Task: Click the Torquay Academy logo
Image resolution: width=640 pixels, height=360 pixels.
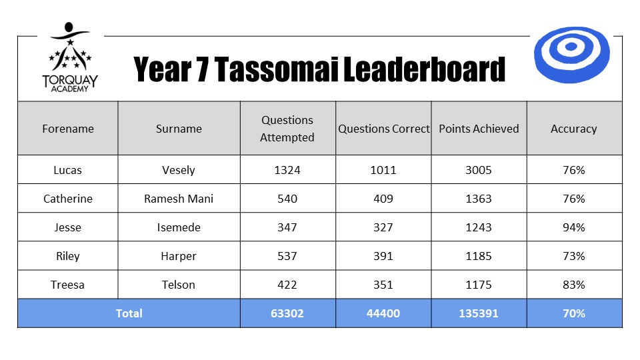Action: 70,57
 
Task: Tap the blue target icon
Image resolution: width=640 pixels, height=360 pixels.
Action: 571,55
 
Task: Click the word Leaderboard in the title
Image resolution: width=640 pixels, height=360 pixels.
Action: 424,69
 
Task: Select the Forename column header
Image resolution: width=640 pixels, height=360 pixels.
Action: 68,129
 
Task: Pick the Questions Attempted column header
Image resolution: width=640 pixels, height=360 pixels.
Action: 287,129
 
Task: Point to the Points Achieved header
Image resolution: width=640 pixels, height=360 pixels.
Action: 479,129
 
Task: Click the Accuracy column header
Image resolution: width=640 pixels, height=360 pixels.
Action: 573,129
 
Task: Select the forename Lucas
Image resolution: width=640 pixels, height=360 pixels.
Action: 68,170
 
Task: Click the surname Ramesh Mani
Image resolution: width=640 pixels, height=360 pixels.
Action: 179,199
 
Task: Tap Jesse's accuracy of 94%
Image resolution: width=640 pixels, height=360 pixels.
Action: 573,227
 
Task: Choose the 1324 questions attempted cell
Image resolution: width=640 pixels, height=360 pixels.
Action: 287,170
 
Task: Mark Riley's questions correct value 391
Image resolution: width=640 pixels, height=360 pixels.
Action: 383,256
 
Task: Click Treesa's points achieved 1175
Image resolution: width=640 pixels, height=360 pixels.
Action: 479,285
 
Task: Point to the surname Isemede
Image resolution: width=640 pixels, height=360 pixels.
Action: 179,227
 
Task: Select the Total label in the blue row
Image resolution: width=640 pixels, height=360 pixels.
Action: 129,313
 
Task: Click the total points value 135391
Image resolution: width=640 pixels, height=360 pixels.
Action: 479,313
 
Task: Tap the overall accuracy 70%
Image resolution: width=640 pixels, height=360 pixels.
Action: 573,313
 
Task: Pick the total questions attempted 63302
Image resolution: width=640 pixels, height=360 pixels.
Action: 287,313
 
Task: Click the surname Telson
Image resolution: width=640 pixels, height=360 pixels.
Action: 179,285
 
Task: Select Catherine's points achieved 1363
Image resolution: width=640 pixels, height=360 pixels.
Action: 479,199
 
